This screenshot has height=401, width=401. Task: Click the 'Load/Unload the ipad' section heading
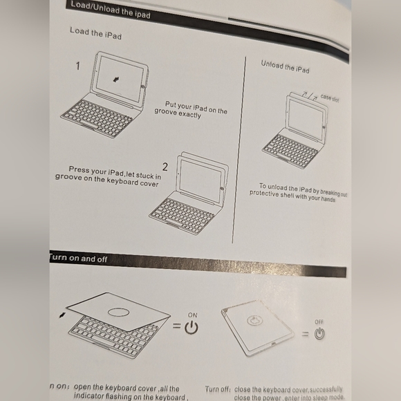coord(110,10)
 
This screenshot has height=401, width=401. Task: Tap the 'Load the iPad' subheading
coord(95,33)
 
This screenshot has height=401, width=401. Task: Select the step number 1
coord(77,67)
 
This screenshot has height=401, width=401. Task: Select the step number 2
coord(165,167)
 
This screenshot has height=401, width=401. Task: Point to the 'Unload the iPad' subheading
coord(285,67)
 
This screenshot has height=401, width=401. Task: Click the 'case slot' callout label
coord(329,98)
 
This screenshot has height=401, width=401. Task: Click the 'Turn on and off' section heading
coord(77,259)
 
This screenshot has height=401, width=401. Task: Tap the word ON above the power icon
coord(192,315)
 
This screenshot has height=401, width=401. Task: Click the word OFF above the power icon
coord(319,321)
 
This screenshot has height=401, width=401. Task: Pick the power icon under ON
coord(192,328)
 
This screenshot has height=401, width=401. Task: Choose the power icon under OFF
coord(319,334)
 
